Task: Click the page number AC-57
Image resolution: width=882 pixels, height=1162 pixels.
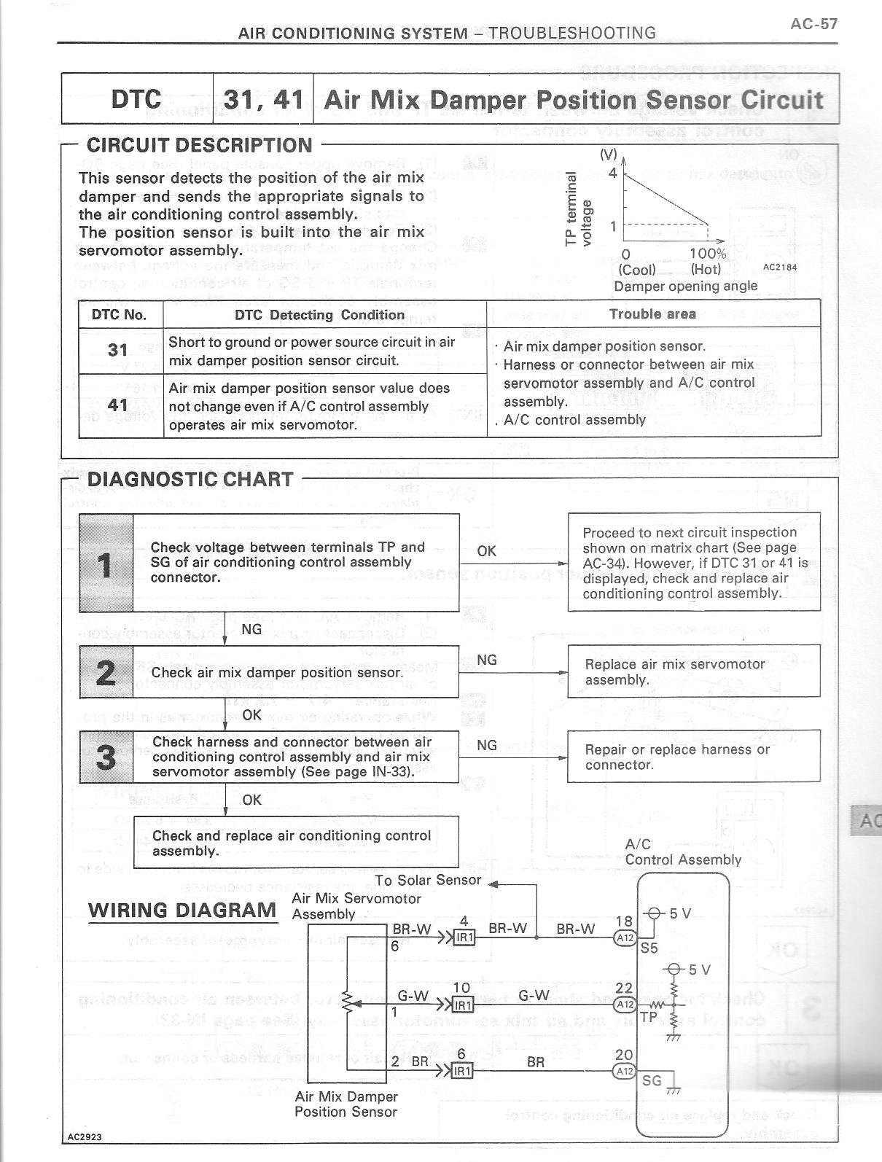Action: coord(813,24)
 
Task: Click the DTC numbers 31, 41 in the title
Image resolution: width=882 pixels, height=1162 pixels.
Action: coord(263,99)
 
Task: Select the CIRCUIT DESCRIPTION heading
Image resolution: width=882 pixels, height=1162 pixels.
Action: coord(199,145)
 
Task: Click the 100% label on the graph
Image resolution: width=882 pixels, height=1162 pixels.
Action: coord(707,254)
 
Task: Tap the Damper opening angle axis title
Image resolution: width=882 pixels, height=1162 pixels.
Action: coord(685,286)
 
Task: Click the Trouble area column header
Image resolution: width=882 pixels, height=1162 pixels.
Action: coord(652,314)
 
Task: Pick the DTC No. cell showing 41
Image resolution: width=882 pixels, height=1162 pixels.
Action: coord(118,405)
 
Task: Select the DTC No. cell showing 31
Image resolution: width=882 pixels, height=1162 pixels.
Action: coord(118,351)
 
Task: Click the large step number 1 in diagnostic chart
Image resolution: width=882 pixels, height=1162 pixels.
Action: coord(106,563)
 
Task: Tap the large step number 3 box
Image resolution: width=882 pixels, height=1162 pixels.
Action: coord(106,757)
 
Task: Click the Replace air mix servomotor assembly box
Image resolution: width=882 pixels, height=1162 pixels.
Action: coord(693,671)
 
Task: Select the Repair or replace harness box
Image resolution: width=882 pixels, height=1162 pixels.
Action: coord(693,757)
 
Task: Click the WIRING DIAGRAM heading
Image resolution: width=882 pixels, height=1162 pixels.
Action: coord(182,910)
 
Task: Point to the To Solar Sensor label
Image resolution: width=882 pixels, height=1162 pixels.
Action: coord(428,880)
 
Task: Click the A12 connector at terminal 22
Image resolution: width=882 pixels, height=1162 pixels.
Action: coord(625,1004)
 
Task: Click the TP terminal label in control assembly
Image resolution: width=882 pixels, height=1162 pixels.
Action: coord(648,1016)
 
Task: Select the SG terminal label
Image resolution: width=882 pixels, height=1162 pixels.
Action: coord(652,1080)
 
